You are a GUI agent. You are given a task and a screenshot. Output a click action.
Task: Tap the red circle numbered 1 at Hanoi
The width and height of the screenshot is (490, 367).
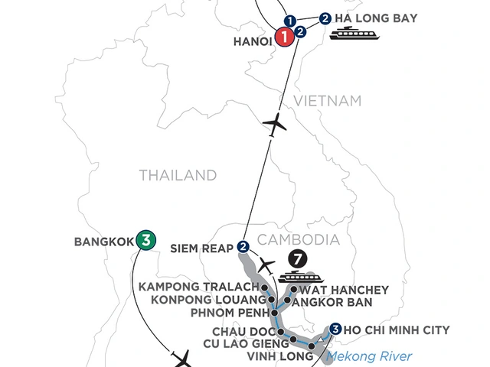(284, 36)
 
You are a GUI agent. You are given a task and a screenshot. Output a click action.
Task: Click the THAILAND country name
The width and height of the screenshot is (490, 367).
(178, 176)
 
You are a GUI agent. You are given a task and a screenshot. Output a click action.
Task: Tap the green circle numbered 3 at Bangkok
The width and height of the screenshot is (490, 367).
(143, 239)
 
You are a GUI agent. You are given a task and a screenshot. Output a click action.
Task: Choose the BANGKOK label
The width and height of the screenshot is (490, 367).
(103, 240)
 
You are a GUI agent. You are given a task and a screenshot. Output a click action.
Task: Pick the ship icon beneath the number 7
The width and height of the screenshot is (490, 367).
(294, 276)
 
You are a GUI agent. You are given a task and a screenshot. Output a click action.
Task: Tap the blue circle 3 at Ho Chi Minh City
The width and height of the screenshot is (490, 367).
(335, 330)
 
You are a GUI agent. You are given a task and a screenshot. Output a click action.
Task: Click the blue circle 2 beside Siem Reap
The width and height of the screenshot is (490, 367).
(243, 246)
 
